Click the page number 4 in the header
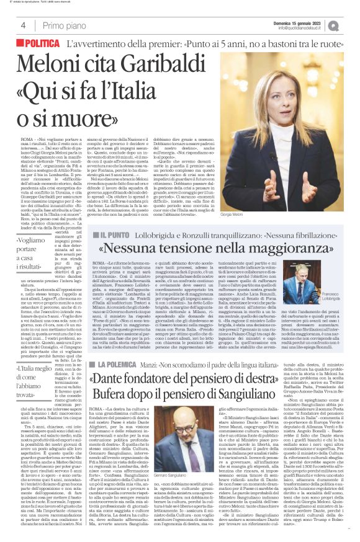(22, 25)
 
